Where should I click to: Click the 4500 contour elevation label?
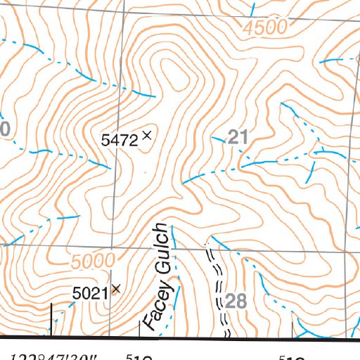(x=268, y=27)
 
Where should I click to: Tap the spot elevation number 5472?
(x=119, y=140)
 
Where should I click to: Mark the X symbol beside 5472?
(x=147, y=135)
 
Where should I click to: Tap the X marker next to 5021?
(x=116, y=288)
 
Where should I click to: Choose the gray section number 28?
(x=237, y=302)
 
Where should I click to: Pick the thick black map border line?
(x=211, y=339)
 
